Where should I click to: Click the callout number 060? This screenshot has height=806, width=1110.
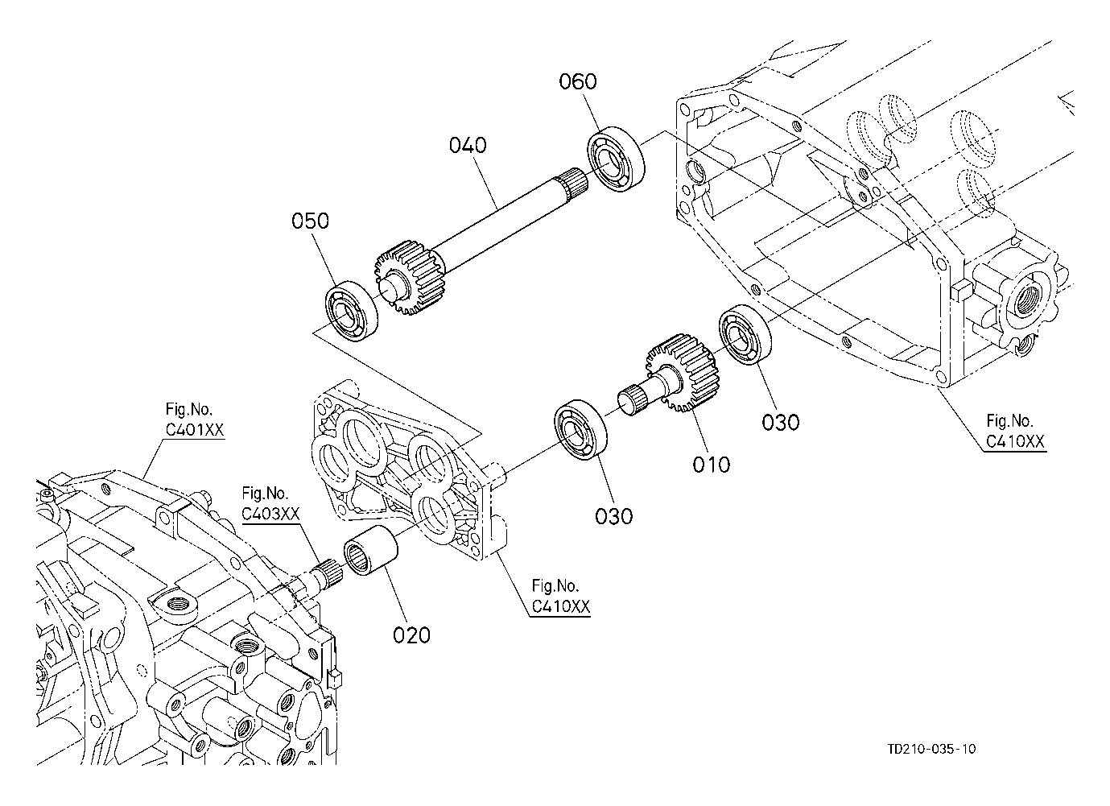[x=578, y=81]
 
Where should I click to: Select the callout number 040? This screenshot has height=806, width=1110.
[x=468, y=145]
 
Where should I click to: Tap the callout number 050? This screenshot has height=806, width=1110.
[x=310, y=221]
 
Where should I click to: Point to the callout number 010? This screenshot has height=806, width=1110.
[x=711, y=465]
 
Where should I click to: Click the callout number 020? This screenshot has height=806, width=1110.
[x=411, y=635]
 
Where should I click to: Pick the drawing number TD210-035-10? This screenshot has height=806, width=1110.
[x=931, y=749]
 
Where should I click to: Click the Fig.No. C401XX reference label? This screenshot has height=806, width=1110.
[x=194, y=420]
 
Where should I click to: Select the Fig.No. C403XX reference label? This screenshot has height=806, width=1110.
[x=270, y=503]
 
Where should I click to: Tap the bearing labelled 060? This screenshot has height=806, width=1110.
[x=617, y=159]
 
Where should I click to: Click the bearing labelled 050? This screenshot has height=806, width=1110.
[x=351, y=311]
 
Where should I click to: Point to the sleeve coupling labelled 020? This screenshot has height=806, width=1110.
[x=372, y=551]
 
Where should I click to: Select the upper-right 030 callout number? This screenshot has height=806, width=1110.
[x=781, y=423]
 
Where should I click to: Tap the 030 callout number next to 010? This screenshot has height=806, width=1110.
[x=614, y=516]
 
